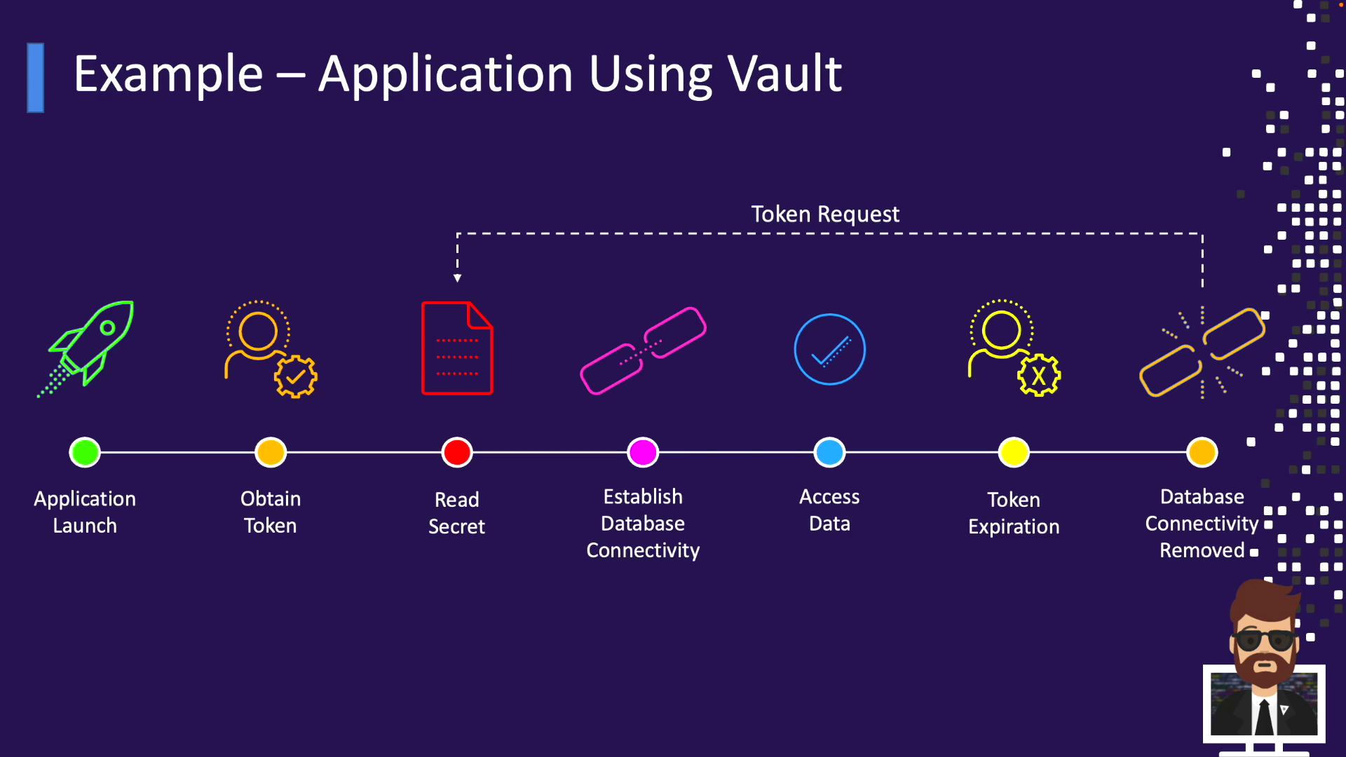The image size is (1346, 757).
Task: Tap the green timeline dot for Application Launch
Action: (85, 452)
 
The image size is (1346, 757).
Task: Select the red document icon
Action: (457, 348)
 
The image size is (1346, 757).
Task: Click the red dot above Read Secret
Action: (457, 452)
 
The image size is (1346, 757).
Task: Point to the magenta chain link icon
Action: (643, 350)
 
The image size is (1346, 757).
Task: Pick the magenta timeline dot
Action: (643, 452)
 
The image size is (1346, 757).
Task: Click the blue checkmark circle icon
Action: (829, 349)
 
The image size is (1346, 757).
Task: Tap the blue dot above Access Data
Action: (829, 452)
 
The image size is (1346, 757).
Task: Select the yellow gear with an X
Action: (1039, 376)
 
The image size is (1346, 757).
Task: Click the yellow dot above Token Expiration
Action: (1014, 452)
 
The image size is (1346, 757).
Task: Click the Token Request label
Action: (824, 214)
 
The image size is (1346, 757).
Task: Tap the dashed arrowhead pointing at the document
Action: (457, 278)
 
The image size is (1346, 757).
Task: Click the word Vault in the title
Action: (784, 74)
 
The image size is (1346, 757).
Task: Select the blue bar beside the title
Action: (36, 78)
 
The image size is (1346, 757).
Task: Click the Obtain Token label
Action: (270, 512)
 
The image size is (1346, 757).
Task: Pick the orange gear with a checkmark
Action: (295, 376)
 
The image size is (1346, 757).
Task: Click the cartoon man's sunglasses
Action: (1264, 639)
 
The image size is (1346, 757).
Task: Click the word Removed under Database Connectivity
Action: (1202, 550)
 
